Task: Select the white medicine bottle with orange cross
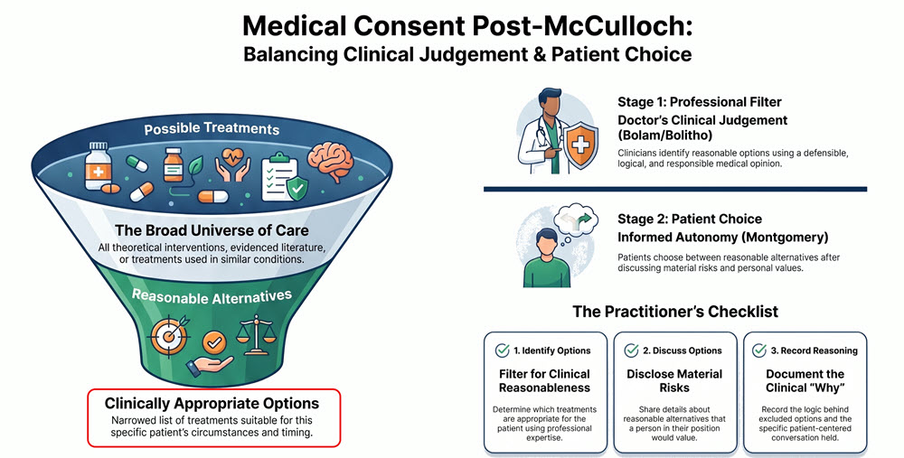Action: [98, 165]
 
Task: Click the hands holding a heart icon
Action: [233, 166]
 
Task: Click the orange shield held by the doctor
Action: [580, 145]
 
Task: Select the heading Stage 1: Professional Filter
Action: [700, 102]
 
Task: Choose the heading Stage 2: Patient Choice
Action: [690, 219]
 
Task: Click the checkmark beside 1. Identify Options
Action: [503, 350]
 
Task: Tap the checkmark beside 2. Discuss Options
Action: [632, 350]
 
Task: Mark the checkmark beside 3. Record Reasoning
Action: [760, 350]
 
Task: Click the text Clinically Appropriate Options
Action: [212, 403]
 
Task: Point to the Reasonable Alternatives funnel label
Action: [212, 296]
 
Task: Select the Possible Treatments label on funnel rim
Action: [212, 128]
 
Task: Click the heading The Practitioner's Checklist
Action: [675, 312]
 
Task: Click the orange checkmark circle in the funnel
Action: [214, 342]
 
